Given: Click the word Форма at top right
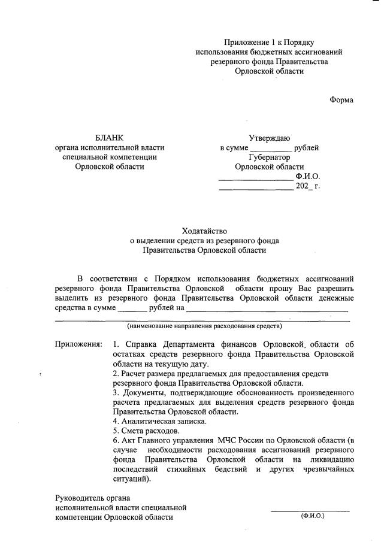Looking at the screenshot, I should pos(341,100).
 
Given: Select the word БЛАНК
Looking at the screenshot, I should pos(109,138).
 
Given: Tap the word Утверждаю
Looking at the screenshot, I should pos(270,138).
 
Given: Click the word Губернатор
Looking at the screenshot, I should pos(270,157).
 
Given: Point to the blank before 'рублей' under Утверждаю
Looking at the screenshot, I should pos(271,149).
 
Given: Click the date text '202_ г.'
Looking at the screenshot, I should pos(308,186).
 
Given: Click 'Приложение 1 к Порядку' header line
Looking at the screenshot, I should pos(270,42).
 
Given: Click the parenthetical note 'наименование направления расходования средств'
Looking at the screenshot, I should pos(204,326).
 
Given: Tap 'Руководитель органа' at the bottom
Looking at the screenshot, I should pos(92,498).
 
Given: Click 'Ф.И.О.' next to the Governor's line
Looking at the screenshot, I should pos(308,177).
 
